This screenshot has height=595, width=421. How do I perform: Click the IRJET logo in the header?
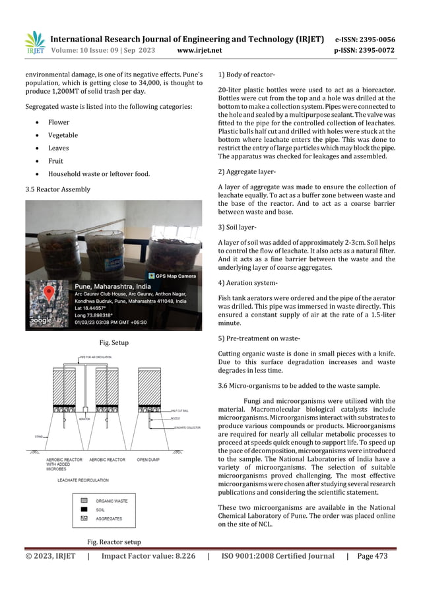[x=35, y=43]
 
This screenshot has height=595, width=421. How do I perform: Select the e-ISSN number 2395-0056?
[x=374, y=39]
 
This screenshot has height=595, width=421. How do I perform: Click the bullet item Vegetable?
[x=63, y=135]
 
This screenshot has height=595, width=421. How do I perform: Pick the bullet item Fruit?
[x=55, y=161]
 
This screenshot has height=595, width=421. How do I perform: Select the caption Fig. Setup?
[x=113, y=343]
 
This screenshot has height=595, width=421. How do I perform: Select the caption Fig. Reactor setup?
[x=113, y=542]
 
